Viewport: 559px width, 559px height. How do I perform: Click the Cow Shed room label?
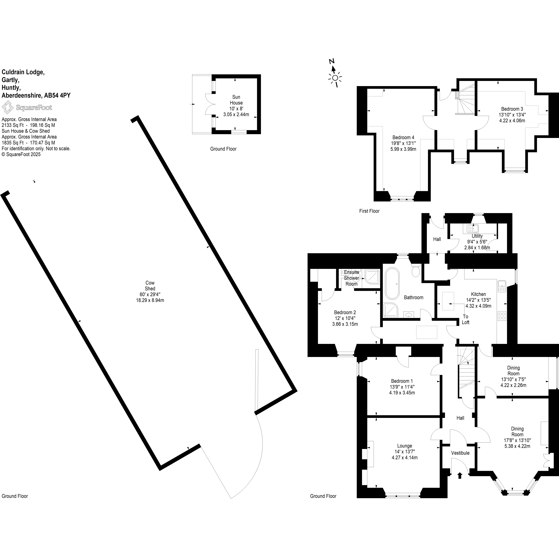(x=150, y=286)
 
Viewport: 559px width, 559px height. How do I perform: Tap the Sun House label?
(x=236, y=100)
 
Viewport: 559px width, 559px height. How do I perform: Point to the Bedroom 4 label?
(x=403, y=137)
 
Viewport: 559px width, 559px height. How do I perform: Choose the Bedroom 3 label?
(x=512, y=109)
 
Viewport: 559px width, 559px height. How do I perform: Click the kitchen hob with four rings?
(x=502, y=316)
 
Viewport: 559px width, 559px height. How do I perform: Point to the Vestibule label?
(x=460, y=453)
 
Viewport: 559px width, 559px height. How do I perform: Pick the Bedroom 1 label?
(x=402, y=381)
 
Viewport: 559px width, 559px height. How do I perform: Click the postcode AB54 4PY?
(x=57, y=95)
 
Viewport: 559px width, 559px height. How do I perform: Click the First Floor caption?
(x=369, y=211)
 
